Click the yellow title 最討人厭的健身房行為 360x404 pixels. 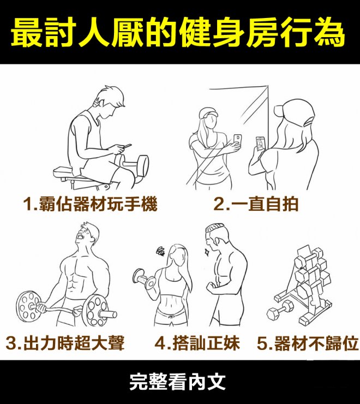pyautogui.click(x=178, y=33)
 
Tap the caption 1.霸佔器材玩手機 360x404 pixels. pyautogui.click(x=90, y=204)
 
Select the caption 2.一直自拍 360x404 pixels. pyautogui.click(x=256, y=204)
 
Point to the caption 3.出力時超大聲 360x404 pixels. pyautogui.click(x=65, y=343)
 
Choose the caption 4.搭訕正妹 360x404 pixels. pyautogui.click(x=197, y=343)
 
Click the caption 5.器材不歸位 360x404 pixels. pyautogui.click(x=308, y=343)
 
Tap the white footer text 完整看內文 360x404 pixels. pyautogui.click(x=177, y=382)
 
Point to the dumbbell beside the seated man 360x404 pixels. pyautogui.click(x=131, y=164)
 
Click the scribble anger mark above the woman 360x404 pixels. pyautogui.click(x=161, y=251)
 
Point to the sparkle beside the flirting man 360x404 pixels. pyautogui.click(x=206, y=251)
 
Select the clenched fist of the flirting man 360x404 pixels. pyautogui.click(x=211, y=287)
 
